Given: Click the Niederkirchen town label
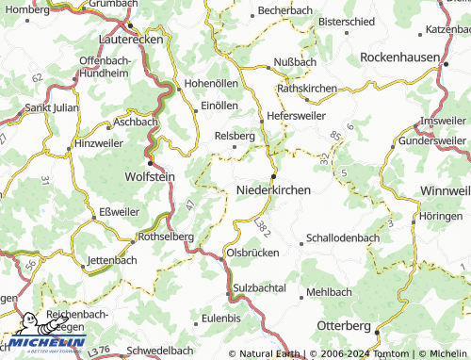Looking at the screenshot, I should click(x=272, y=190).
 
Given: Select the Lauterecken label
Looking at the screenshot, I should click(x=131, y=41).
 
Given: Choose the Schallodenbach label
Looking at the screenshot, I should click(x=341, y=238).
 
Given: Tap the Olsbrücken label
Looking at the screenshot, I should click(x=251, y=254).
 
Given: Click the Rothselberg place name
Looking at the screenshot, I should click(x=166, y=237).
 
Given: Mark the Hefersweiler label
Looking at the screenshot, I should click(x=297, y=115).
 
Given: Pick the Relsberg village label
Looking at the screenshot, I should click(x=235, y=136).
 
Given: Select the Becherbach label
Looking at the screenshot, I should click(x=284, y=9).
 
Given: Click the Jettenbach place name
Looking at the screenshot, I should click(x=111, y=259).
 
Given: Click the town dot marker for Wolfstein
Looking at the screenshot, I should click(x=149, y=162).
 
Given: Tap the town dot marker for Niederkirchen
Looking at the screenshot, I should click(x=273, y=176).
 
